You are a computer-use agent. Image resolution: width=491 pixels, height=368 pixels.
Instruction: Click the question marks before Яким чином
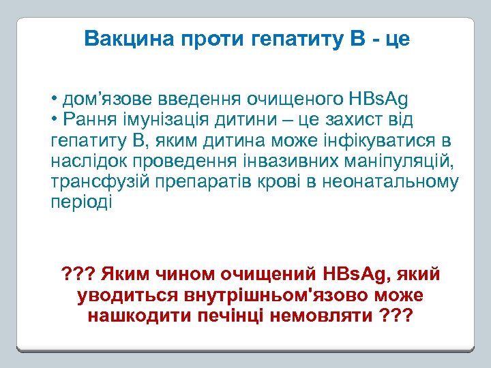point(77,275)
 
